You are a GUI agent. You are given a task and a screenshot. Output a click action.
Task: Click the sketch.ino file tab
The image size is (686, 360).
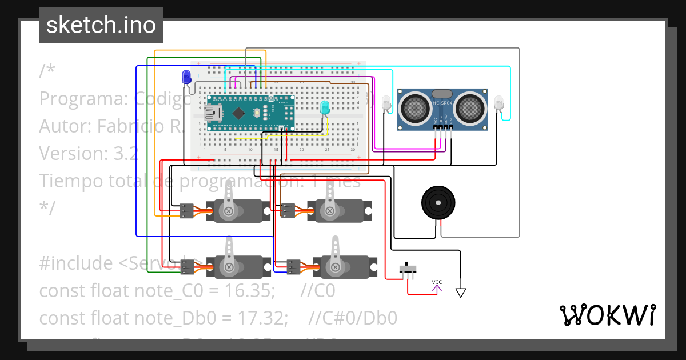pos(101,25)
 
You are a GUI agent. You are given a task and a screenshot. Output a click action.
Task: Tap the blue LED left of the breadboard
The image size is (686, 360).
pos(186,78)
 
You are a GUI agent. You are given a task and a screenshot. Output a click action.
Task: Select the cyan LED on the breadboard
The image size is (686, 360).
pos(325,107)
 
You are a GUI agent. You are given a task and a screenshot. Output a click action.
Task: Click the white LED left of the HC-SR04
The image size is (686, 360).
pos(387,103)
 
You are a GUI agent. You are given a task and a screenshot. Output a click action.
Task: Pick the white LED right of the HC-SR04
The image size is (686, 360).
pos(499,103)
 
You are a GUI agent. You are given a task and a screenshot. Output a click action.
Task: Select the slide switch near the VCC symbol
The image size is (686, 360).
pos(408,269)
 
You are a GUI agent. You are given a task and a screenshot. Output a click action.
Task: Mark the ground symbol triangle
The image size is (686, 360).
pos(461,293)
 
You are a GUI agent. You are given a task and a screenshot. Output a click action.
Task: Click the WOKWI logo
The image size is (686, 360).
pos(607,315)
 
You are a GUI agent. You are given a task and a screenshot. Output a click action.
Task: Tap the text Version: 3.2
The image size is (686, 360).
pos(89,154)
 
